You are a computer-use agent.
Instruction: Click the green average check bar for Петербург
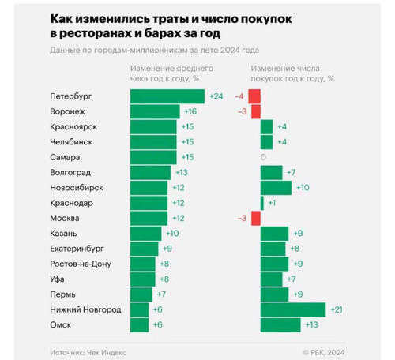(167, 96)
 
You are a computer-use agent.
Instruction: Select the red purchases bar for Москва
(256, 218)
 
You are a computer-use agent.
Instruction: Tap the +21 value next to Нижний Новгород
(337, 309)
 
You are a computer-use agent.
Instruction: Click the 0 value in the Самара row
(263, 157)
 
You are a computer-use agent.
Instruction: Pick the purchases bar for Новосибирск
(276, 188)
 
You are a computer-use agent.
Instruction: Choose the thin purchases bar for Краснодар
(262, 203)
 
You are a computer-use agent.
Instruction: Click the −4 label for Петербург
(239, 96)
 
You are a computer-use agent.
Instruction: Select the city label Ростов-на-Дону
(81, 264)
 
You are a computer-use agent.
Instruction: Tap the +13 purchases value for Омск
(311, 325)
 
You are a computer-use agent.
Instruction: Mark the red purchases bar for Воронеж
(256, 111)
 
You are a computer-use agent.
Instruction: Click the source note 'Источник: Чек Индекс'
(88, 352)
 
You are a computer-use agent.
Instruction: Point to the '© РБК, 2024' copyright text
(324, 352)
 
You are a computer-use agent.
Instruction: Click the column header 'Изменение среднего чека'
(171, 73)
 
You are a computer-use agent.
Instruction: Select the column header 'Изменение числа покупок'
(292, 73)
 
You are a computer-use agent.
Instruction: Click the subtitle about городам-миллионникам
(155, 50)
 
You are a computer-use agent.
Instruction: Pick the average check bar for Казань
(145, 234)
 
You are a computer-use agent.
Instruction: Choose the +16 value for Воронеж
(190, 111)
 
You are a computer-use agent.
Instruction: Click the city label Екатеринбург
(77, 249)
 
